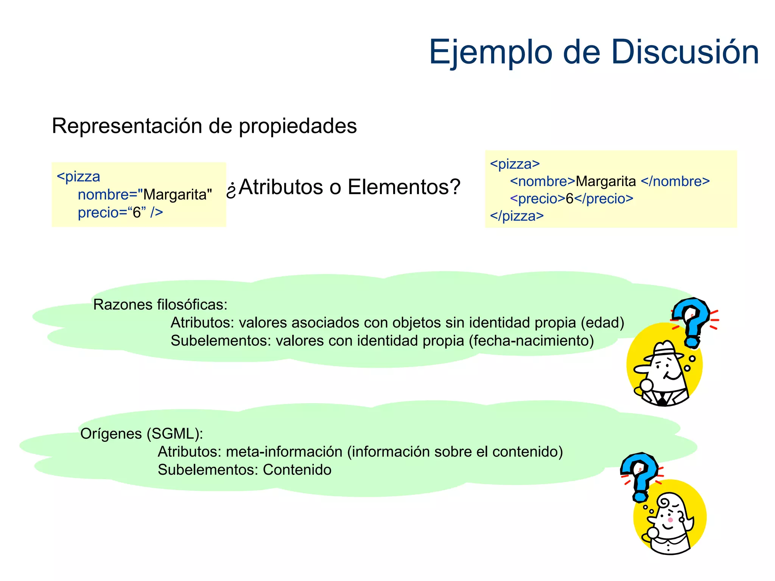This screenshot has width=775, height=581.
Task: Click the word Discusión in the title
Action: tap(685, 52)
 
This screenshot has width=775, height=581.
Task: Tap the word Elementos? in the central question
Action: tap(404, 187)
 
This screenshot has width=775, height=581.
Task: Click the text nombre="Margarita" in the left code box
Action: tap(145, 195)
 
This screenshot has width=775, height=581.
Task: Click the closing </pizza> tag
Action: tap(517, 216)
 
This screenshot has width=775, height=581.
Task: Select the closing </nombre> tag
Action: tap(675, 182)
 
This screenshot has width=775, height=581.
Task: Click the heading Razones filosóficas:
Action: tap(160, 305)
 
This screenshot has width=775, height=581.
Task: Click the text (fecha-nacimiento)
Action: tap(531, 341)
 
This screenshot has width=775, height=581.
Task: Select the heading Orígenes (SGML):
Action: tap(142, 434)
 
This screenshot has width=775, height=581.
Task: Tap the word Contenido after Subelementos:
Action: tap(297, 470)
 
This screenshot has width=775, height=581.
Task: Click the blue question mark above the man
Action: tap(692, 320)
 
